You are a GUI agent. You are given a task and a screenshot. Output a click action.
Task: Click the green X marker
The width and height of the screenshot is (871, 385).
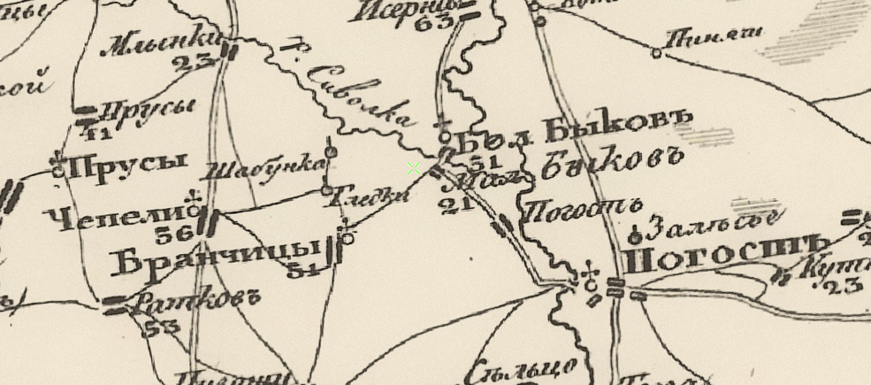[x=414, y=168]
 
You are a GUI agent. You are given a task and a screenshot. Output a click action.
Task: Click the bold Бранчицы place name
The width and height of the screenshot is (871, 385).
[x=216, y=257]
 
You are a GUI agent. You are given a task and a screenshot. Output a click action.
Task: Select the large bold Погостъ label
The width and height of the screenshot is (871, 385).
[x=724, y=258]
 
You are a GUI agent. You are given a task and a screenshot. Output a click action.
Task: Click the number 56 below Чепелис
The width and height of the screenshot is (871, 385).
[x=174, y=235]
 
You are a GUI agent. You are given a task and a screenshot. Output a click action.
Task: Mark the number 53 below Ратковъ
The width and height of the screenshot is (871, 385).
[x=160, y=327]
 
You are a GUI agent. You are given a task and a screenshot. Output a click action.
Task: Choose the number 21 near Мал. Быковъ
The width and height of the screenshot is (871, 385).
[x=454, y=205]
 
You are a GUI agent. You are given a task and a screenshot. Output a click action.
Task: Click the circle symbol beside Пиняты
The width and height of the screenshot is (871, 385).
[x=656, y=53]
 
